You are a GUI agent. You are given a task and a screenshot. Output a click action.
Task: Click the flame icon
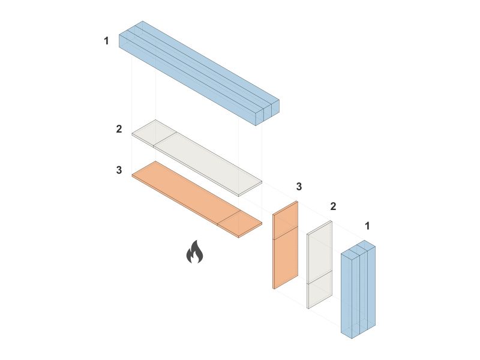194,252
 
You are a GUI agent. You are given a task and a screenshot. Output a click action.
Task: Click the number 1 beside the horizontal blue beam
106,41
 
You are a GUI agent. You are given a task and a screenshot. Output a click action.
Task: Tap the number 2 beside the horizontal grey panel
119,129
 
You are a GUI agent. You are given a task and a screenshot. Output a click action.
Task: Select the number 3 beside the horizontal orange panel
119,170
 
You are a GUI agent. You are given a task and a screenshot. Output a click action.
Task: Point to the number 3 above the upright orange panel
299,186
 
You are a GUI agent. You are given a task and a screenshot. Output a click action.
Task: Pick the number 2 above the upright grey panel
333,206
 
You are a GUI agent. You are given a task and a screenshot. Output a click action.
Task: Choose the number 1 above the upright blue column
367,226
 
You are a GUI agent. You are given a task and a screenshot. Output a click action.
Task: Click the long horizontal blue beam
199,73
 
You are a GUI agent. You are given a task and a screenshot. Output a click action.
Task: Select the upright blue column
358,289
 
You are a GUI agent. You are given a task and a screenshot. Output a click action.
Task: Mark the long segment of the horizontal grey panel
208,164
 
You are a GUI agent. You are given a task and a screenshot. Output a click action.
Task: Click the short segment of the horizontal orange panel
239,223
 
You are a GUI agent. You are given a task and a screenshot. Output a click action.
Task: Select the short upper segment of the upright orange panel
286,220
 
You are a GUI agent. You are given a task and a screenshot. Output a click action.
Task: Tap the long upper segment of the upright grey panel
320,252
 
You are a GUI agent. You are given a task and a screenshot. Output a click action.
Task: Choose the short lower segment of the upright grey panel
320,290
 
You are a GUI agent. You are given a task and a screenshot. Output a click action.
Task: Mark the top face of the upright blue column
358,247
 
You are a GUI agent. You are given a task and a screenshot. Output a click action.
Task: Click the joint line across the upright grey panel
320,278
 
